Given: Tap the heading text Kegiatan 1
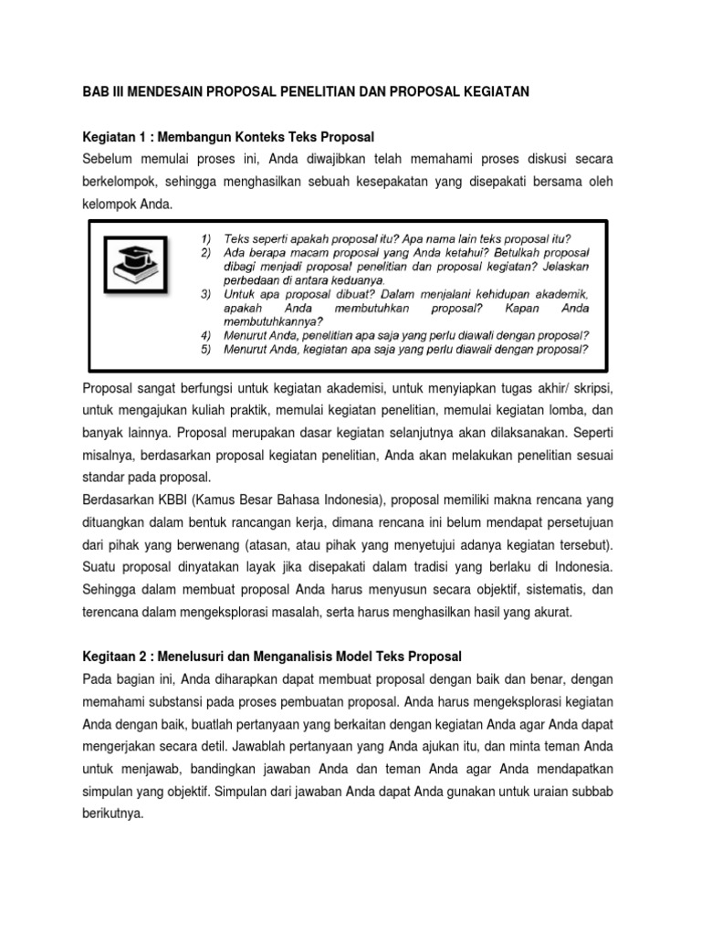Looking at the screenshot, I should [112, 138].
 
